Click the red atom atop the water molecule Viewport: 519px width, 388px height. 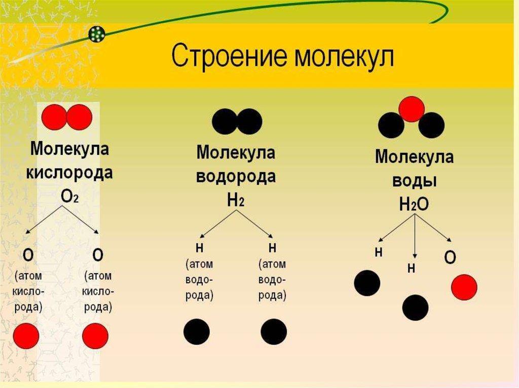pos(411,109)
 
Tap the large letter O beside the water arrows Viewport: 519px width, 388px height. pos(450,257)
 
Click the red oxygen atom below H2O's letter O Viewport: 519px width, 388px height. pos(464,287)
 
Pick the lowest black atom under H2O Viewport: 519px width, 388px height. pos(416,307)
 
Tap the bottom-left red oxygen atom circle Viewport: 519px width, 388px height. pos(26,336)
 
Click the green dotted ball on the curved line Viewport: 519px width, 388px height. pos(97,34)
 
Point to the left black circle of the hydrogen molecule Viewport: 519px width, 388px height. pos(225,121)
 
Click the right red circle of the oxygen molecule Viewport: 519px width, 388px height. pos(79,117)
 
